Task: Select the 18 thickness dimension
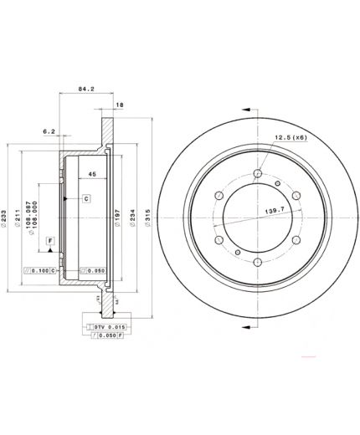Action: tap(119, 105)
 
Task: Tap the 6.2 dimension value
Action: tap(49, 130)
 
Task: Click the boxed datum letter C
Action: tap(86, 198)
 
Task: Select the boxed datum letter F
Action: tap(51, 241)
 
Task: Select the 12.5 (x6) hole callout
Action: tap(286, 138)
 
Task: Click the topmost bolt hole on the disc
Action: tap(259, 173)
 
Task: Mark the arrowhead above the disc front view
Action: tap(249, 107)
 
